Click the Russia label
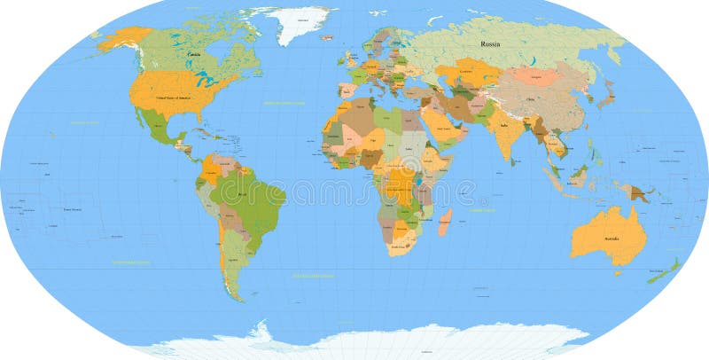[x=490, y=43]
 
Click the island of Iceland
[x=326, y=37]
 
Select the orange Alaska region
[x=124, y=38]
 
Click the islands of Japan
[x=606, y=94]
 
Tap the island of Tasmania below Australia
[x=618, y=273]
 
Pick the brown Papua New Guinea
[x=636, y=191]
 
